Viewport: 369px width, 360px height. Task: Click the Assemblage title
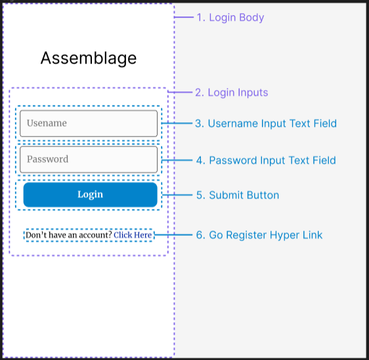[89, 58]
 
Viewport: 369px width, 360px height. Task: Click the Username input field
[89, 123]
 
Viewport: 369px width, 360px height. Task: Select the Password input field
[89, 159]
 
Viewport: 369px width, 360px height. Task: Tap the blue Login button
[90, 194]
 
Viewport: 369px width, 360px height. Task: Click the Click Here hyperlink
[133, 235]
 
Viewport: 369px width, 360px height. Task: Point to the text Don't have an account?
[68, 235]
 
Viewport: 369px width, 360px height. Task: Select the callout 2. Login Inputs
[231, 93]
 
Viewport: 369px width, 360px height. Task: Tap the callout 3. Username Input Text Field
[265, 124]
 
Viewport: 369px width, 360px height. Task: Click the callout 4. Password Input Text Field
[265, 160]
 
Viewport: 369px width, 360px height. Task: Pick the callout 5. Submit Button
[237, 195]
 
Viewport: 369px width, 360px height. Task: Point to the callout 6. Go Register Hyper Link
[259, 235]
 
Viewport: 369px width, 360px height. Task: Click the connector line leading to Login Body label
[184, 17]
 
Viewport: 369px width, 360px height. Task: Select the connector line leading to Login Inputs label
[179, 93]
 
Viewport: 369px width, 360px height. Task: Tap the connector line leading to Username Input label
[175, 124]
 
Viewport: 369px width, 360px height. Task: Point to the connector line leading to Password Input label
[175, 160]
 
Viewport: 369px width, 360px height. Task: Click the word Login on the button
[90, 194]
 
